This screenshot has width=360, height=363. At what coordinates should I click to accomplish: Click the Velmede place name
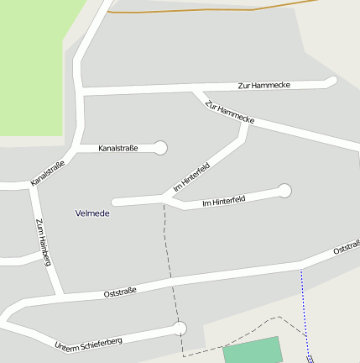pyautogui.click(x=92, y=213)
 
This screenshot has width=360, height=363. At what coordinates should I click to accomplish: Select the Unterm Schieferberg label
pyautogui.click(x=88, y=344)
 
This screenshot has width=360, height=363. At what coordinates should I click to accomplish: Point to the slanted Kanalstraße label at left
pyautogui.click(x=48, y=173)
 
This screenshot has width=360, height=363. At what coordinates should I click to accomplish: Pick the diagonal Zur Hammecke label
pyautogui.click(x=229, y=112)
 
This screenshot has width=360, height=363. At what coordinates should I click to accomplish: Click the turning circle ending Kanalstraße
pyautogui.click(x=160, y=148)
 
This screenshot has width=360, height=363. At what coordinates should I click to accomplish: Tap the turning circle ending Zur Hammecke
pyautogui.click(x=331, y=82)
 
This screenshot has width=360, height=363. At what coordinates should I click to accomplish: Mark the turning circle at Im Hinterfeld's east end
pyautogui.click(x=284, y=191)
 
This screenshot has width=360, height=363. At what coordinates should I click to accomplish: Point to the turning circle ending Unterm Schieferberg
pyautogui.click(x=179, y=328)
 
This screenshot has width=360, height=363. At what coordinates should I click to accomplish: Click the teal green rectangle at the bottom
pyautogui.click(x=253, y=351)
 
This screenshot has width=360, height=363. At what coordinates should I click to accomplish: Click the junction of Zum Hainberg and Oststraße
pyautogui.click(x=59, y=296)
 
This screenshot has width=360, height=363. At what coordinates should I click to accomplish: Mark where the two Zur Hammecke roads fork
pyautogui.click(x=195, y=89)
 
